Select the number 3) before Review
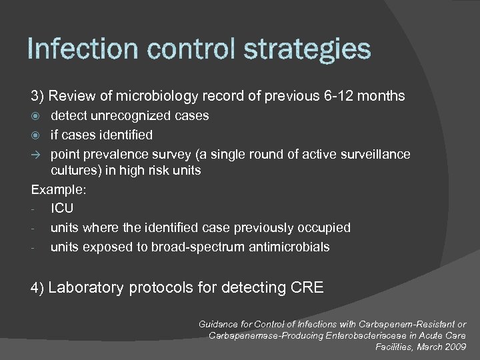39,96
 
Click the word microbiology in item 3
155,96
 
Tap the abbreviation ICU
62,209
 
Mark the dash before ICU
33,209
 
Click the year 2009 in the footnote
453,347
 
